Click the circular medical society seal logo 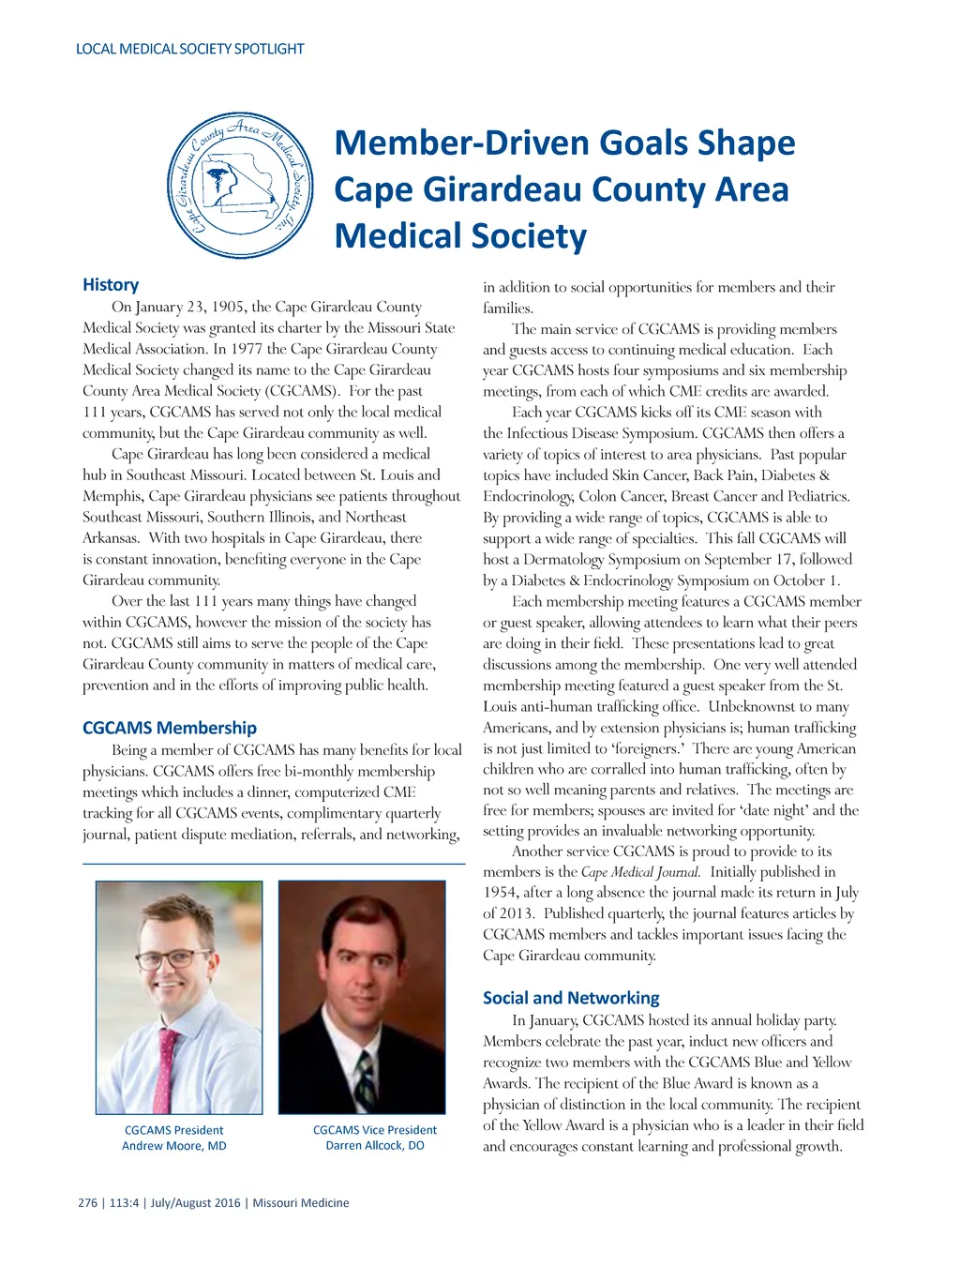pyautogui.click(x=240, y=186)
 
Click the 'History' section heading pyautogui.click(x=111, y=284)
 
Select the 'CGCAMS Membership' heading pyautogui.click(x=170, y=728)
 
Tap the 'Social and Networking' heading pyautogui.click(x=571, y=998)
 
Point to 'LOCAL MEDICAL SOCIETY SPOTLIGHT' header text pyautogui.click(x=190, y=49)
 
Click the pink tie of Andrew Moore pyautogui.click(x=169, y=1069)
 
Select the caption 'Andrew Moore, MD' pyautogui.click(x=174, y=1146)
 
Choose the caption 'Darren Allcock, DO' pyautogui.click(x=375, y=1146)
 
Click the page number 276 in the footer pyautogui.click(x=87, y=1203)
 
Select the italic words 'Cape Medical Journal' pyautogui.click(x=639, y=872)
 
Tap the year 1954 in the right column pyautogui.click(x=499, y=893)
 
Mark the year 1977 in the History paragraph pyautogui.click(x=247, y=349)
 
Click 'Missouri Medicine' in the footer pyautogui.click(x=301, y=1203)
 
